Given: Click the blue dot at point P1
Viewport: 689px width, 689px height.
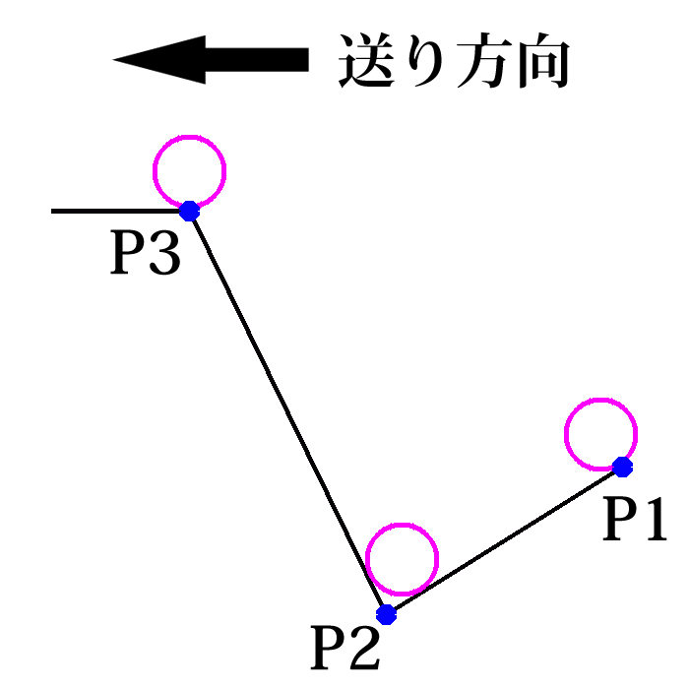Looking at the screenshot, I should (622, 466).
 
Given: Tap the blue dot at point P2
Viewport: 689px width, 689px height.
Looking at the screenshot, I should (386, 614).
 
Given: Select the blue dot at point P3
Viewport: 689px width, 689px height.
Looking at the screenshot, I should (189, 211).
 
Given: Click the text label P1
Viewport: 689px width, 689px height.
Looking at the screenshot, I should (635, 519).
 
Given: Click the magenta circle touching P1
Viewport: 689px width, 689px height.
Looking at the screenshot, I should (601, 434).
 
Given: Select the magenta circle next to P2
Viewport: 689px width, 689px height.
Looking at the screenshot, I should (401, 559).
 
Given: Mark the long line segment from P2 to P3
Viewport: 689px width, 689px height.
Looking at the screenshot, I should (287, 412).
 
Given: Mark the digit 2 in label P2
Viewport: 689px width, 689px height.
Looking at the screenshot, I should (363, 647).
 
